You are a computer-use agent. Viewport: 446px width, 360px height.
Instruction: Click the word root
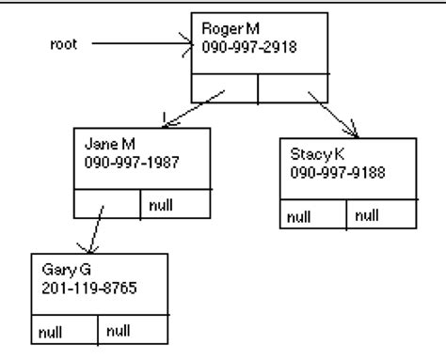63,42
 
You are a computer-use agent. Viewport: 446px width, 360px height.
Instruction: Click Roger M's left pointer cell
224,87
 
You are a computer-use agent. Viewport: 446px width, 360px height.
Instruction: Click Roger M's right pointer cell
292,87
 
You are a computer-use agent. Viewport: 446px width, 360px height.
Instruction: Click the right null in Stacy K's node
368,215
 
